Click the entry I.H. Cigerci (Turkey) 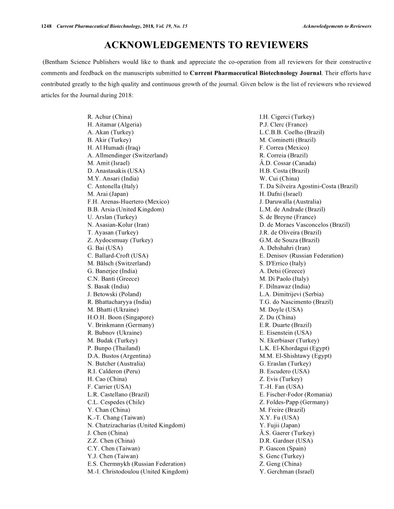[x=287, y=117]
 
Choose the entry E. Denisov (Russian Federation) [x=301, y=255]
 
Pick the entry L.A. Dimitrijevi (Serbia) [x=292, y=294]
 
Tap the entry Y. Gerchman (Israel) [x=287, y=471]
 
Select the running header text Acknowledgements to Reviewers [x=337, y=26]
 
